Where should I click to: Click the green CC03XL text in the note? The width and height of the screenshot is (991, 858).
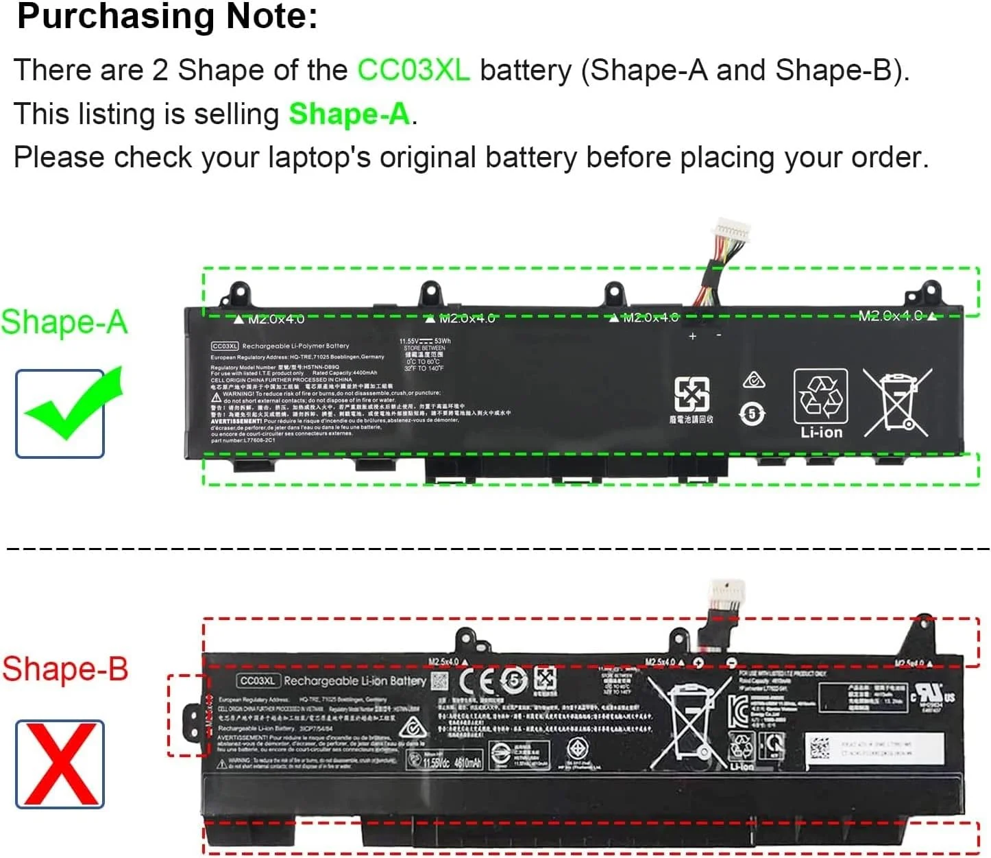(413, 70)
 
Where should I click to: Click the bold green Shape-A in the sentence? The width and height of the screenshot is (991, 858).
(349, 114)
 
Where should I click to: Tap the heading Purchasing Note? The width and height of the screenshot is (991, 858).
(167, 16)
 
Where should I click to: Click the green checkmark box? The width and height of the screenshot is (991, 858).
(60, 414)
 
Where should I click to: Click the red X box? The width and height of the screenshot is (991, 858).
(60, 764)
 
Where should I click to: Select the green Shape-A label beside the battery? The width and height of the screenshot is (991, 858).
(64, 322)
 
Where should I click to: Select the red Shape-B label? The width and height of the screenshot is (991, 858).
(65, 669)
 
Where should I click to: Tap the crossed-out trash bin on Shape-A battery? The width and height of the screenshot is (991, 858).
(896, 402)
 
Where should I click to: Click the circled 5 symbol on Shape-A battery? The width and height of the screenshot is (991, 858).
(753, 414)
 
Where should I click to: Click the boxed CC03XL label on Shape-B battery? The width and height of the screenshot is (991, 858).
(258, 681)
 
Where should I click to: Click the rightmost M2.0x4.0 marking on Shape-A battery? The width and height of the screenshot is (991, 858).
(890, 315)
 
